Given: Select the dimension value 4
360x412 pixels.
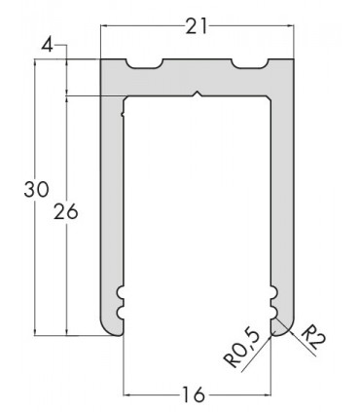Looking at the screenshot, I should point(48,45).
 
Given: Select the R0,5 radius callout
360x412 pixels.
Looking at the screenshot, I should point(243,349).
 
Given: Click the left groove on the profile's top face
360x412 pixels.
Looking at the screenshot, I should point(145,66).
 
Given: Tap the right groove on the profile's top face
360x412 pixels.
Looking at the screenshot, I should point(249,66).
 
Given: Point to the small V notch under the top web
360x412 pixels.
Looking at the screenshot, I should point(198,94).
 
